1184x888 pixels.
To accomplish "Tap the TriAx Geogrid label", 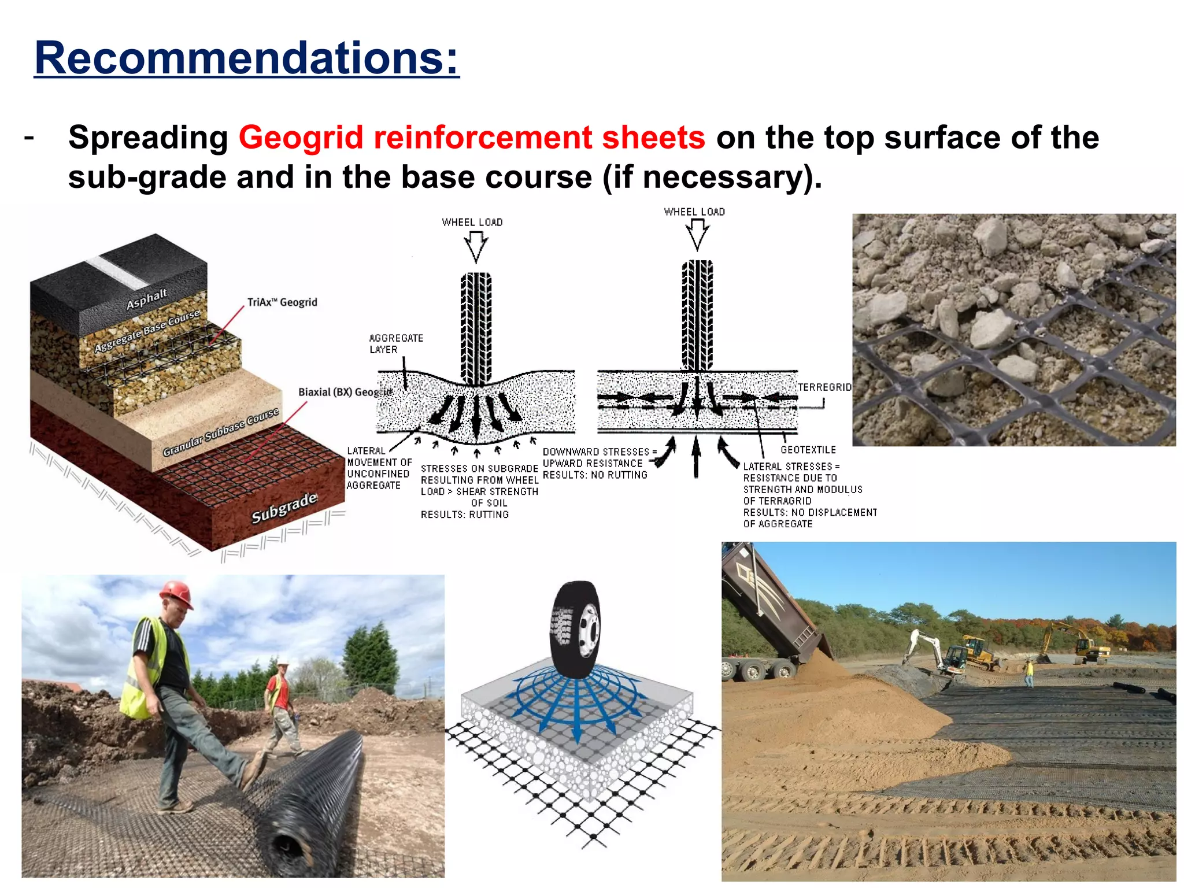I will (x=282, y=302).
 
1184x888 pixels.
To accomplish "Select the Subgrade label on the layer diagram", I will (x=284, y=507).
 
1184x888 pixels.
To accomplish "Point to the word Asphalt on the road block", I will (x=147, y=299).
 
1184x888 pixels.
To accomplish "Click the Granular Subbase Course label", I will (x=221, y=432).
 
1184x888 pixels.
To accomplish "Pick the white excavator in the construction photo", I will (x=931, y=650).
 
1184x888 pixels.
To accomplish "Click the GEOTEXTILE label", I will (x=808, y=450).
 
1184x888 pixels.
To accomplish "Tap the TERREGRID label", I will (x=825, y=387).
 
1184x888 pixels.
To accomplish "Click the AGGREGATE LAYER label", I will (x=396, y=344).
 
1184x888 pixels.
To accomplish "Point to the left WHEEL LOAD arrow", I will (x=476, y=246).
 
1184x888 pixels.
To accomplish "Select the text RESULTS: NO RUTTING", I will (x=595, y=475).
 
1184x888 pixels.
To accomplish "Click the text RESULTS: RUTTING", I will (x=465, y=515).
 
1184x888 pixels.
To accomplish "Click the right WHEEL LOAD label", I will (x=694, y=212).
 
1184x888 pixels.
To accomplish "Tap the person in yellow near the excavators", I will (x=1029, y=674).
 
